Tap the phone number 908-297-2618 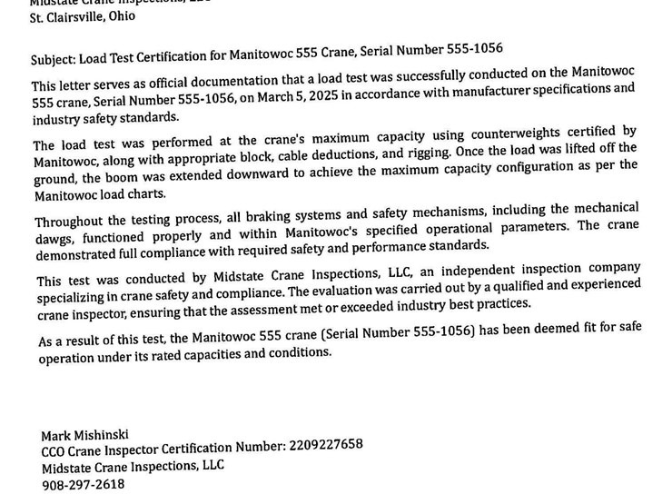[84, 485]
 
